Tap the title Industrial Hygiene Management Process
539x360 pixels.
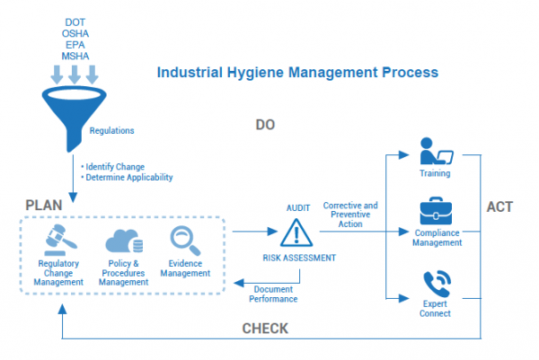point(297,70)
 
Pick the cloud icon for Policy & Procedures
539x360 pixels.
point(122,241)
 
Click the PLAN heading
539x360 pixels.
point(43,206)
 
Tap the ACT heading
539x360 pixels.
point(499,206)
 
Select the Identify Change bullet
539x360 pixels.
point(113,166)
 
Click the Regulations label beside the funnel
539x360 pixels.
point(112,131)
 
